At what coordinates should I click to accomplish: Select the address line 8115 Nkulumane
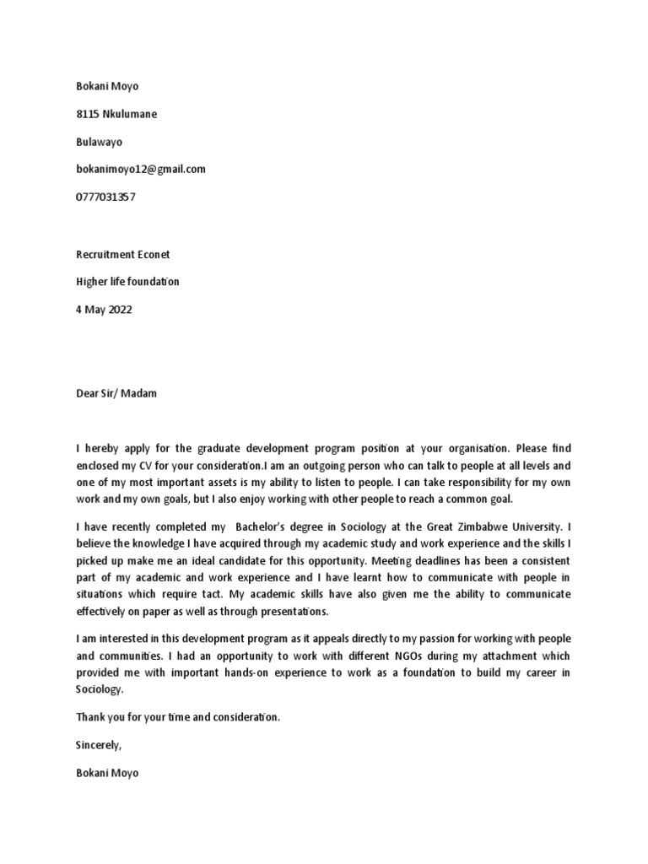pyautogui.click(x=116, y=114)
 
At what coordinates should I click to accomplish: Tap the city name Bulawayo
pyautogui.click(x=99, y=142)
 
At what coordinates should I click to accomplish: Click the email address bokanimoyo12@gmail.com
pyautogui.click(x=140, y=169)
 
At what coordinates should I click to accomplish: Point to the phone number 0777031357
pyautogui.click(x=105, y=197)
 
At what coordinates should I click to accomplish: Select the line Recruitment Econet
pyautogui.click(x=123, y=254)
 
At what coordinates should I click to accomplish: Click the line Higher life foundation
pyautogui.click(x=127, y=282)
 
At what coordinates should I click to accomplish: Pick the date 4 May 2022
pyautogui.click(x=104, y=310)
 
